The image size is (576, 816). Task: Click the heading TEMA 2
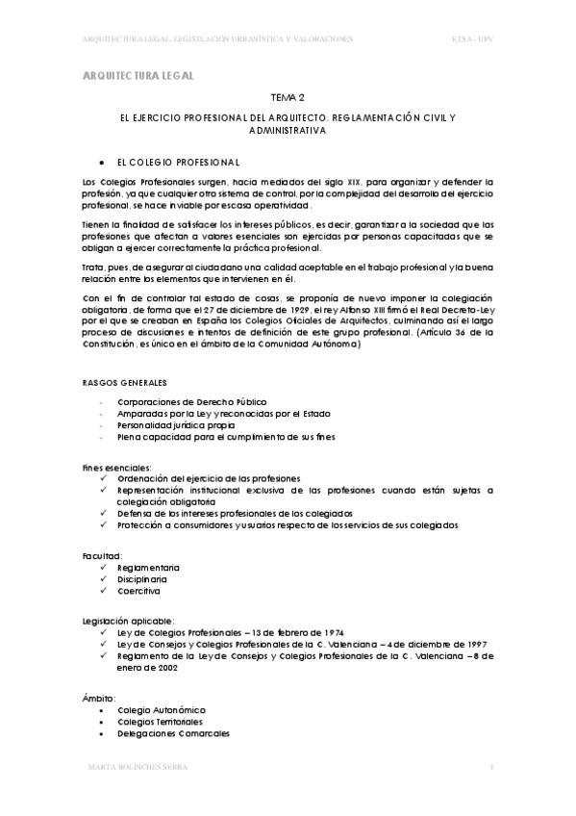(288, 97)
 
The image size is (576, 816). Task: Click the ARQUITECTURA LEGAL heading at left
(138, 74)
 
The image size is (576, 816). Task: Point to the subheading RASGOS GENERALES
(126, 382)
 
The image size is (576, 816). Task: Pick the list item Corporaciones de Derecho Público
(191, 401)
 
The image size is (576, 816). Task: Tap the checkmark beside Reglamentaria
(103, 568)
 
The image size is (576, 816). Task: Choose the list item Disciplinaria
(141, 579)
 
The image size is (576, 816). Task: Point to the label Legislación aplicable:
(128, 622)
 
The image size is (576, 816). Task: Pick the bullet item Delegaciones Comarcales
(173, 733)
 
